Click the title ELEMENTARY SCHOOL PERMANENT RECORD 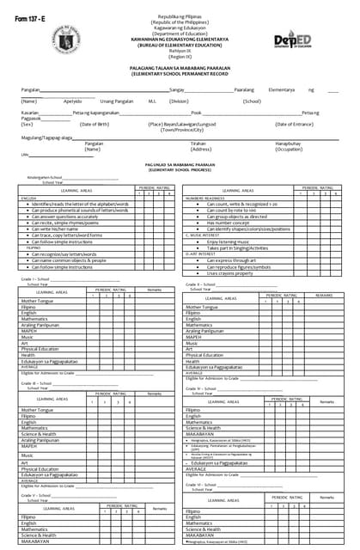click(180, 76)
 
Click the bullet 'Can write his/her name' click(59, 229)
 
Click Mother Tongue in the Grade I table click(40, 302)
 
